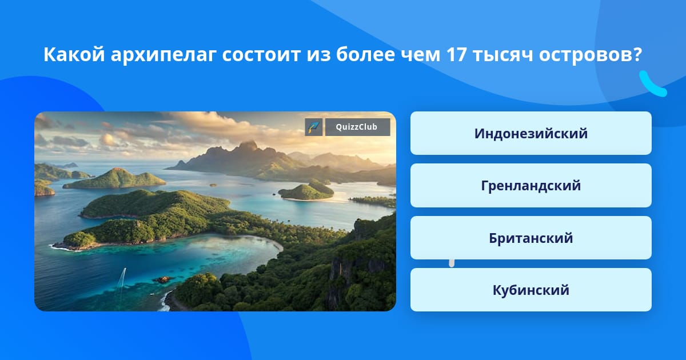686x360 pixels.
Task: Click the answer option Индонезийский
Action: (x=531, y=133)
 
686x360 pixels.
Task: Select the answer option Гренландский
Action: (x=531, y=186)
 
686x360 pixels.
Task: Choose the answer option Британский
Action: (x=531, y=238)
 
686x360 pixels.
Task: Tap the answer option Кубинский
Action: (x=531, y=290)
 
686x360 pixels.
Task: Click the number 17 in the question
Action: (x=457, y=54)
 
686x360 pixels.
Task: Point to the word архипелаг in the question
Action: (x=163, y=55)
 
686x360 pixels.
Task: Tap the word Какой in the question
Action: (x=74, y=54)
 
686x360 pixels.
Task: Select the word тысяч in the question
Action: (x=503, y=55)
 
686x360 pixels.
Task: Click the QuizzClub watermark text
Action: (x=357, y=127)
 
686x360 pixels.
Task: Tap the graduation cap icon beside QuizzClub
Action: (x=314, y=127)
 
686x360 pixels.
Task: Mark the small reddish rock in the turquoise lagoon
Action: (x=162, y=279)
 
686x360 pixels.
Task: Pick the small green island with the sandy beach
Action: (x=306, y=191)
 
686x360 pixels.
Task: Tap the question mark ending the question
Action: (x=637, y=54)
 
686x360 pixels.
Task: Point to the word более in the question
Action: (x=365, y=54)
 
